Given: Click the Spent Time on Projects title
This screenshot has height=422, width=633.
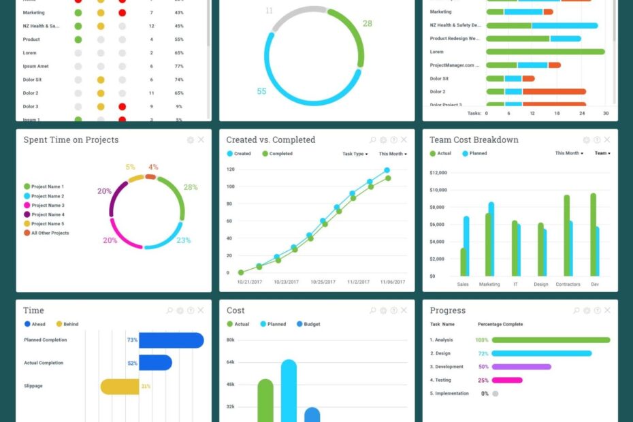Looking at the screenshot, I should click(x=71, y=140).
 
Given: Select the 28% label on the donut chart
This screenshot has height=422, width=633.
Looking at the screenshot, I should click(x=191, y=187).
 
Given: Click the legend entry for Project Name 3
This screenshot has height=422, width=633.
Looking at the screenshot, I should click(x=48, y=205).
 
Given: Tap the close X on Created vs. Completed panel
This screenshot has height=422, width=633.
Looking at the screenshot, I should click(x=404, y=140).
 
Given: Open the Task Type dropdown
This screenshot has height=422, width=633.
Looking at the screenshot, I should click(x=355, y=154).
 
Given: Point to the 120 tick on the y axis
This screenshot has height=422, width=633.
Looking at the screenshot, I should click(x=231, y=169).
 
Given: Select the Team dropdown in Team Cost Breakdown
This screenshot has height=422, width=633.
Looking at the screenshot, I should click(x=602, y=153).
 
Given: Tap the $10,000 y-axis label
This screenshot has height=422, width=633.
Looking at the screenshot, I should click(x=438, y=190).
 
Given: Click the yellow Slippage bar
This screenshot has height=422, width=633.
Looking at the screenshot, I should click(x=119, y=387).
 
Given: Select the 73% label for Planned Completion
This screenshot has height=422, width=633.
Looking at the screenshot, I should click(x=132, y=340).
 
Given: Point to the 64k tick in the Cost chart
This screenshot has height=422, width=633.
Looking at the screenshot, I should click(x=231, y=362).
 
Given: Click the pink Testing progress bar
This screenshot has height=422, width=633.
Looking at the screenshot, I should click(x=506, y=380).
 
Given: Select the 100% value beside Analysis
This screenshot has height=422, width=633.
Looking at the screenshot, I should click(x=482, y=340).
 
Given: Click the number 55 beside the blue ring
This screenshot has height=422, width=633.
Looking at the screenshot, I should click(x=261, y=91).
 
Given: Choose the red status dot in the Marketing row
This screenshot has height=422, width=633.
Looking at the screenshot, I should click(x=122, y=12).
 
